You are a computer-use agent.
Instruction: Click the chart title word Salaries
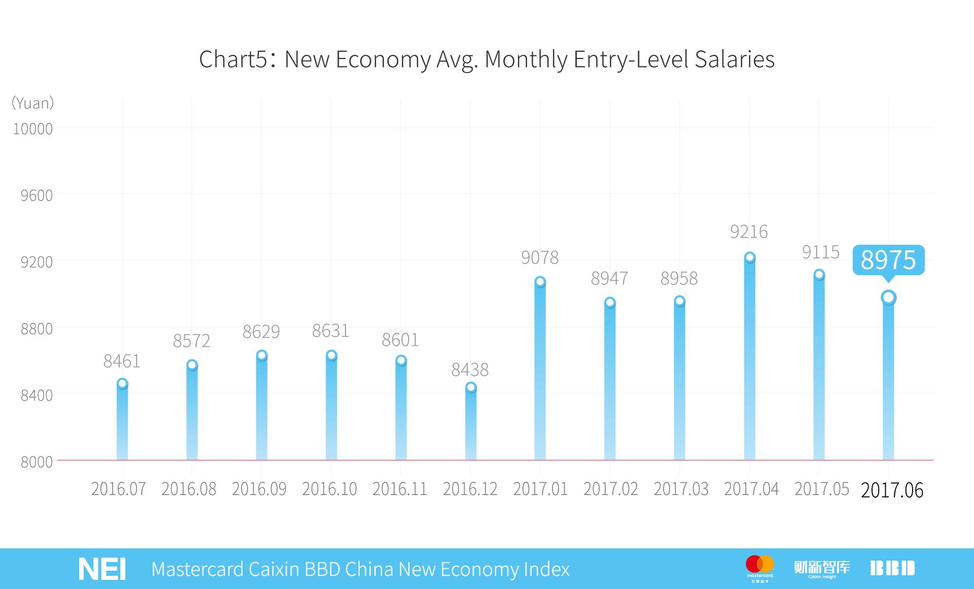pyautogui.click(x=734, y=59)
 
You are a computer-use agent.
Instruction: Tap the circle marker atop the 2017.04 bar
pyautogui.click(x=750, y=257)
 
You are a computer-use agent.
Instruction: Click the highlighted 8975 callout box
pyautogui.click(x=888, y=260)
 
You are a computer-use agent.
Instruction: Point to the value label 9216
pyautogui.click(x=749, y=232)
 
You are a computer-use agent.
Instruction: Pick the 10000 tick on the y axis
pyautogui.click(x=33, y=129)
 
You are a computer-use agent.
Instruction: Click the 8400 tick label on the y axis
pyautogui.click(x=37, y=395)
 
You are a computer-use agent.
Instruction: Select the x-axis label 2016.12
pyautogui.click(x=470, y=489)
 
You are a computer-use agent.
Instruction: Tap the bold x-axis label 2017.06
pyautogui.click(x=892, y=490)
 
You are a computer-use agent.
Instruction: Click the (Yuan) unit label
pyautogui.click(x=33, y=103)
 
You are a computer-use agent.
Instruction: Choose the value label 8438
pyautogui.click(x=470, y=370)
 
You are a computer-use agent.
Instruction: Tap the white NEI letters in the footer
pyautogui.click(x=102, y=569)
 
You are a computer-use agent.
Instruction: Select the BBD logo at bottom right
pyautogui.click(x=892, y=568)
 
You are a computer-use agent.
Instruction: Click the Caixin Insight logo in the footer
pyautogui.click(x=822, y=568)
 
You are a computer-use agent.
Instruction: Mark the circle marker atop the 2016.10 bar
pyautogui.click(x=331, y=355)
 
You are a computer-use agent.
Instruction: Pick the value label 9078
pyautogui.click(x=540, y=258)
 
